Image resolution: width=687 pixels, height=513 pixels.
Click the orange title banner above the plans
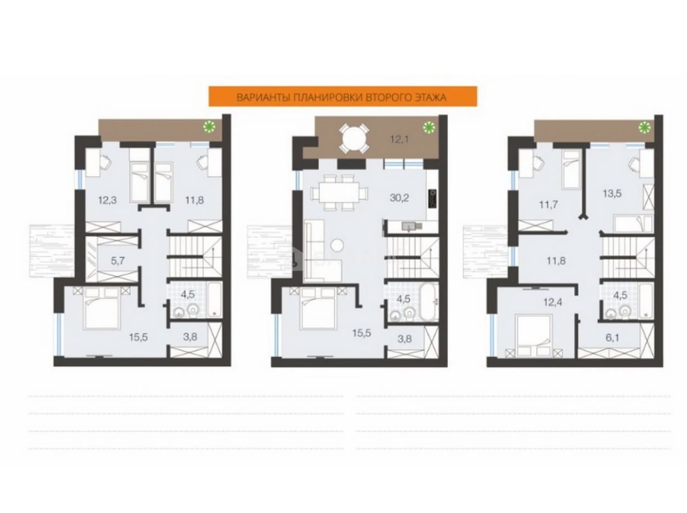342,96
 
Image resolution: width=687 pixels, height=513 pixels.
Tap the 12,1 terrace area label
399,140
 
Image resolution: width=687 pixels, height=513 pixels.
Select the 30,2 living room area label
399,198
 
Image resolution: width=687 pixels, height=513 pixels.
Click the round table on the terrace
354,139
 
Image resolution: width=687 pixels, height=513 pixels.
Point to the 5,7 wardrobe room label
118,261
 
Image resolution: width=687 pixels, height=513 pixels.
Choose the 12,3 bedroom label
107,200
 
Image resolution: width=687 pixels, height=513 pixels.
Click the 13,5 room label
612,194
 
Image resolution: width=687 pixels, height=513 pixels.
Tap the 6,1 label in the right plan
612,338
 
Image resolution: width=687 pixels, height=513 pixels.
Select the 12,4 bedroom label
553,302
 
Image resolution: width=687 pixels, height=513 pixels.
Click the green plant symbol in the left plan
209,126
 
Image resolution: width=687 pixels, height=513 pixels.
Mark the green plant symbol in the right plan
644,128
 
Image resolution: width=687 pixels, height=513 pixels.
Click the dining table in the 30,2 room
339,192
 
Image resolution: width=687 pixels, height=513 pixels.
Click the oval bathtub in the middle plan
429,301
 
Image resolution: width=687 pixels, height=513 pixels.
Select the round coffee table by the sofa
337,245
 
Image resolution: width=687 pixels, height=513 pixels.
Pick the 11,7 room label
548,205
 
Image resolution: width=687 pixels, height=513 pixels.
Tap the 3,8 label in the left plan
190,337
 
